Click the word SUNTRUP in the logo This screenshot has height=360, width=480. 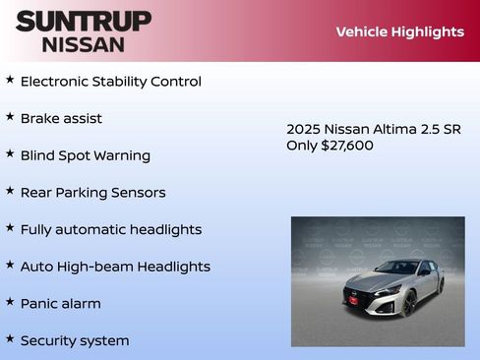coord(84,21)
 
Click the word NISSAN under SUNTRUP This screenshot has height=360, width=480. coord(83,44)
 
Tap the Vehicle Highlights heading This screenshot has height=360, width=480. coord(399,31)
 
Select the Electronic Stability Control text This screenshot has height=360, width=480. coord(110,82)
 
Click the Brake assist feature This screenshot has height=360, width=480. coord(61,118)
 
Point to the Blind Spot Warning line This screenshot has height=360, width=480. coord(85,155)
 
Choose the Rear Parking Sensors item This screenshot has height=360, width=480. coord(92,193)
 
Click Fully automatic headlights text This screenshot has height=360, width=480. coord(110,229)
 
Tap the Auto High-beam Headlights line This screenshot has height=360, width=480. coord(115,267)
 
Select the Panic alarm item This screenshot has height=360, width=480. coord(60,304)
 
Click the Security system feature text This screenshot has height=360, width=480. coord(75,341)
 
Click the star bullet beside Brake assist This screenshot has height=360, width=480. coord(10,116)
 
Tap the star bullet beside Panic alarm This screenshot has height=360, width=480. coord(10,302)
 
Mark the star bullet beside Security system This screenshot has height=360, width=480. coord(10,338)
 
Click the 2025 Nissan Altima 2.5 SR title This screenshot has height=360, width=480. coord(373,129)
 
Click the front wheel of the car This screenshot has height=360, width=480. coord(410,301)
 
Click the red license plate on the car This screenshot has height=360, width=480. coord(355,299)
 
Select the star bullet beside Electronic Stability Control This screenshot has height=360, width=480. coord(10,79)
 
